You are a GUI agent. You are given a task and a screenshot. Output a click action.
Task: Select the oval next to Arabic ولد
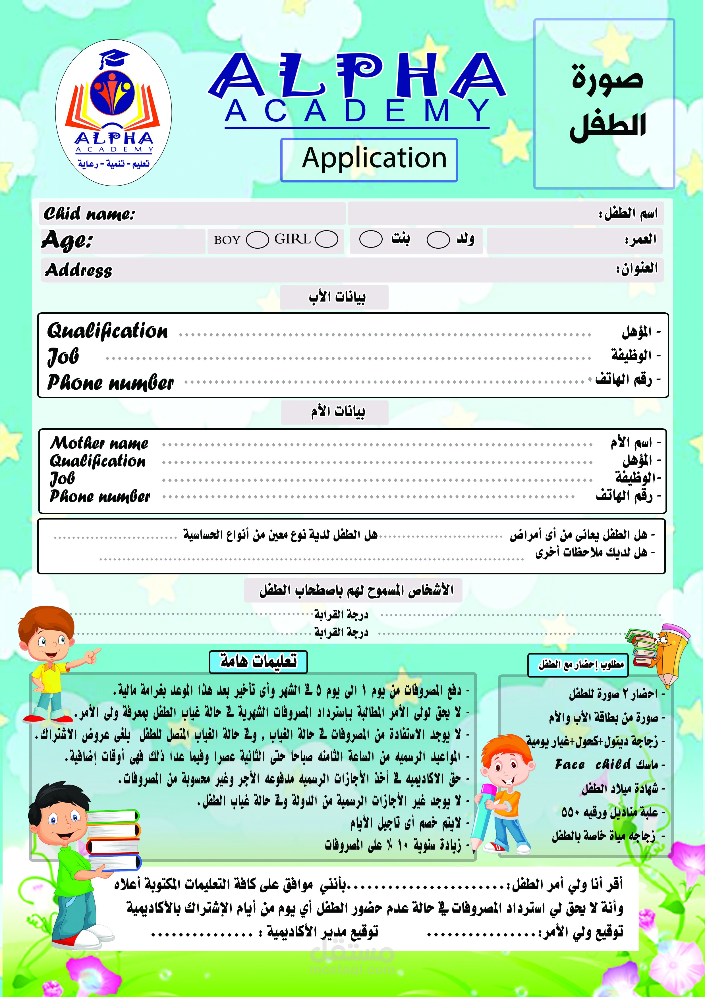click(x=438, y=240)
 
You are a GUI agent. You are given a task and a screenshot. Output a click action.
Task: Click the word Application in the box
click(x=374, y=158)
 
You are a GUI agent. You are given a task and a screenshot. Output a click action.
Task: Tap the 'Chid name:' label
click(x=89, y=214)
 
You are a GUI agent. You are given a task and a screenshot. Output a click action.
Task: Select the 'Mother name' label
click(x=99, y=443)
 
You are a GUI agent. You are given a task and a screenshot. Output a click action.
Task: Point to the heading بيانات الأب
click(x=337, y=298)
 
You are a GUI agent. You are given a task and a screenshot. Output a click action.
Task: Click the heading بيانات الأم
click(x=337, y=412)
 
